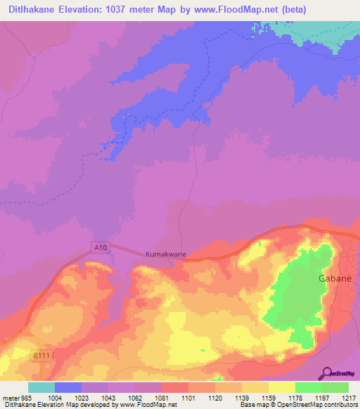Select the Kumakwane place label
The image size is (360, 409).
point(165,254)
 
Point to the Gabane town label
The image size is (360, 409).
point(328,278)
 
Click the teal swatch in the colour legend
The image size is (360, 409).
point(41,387)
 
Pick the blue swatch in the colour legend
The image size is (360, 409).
point(67,387)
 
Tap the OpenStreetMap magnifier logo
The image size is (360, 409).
point(326,373)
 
